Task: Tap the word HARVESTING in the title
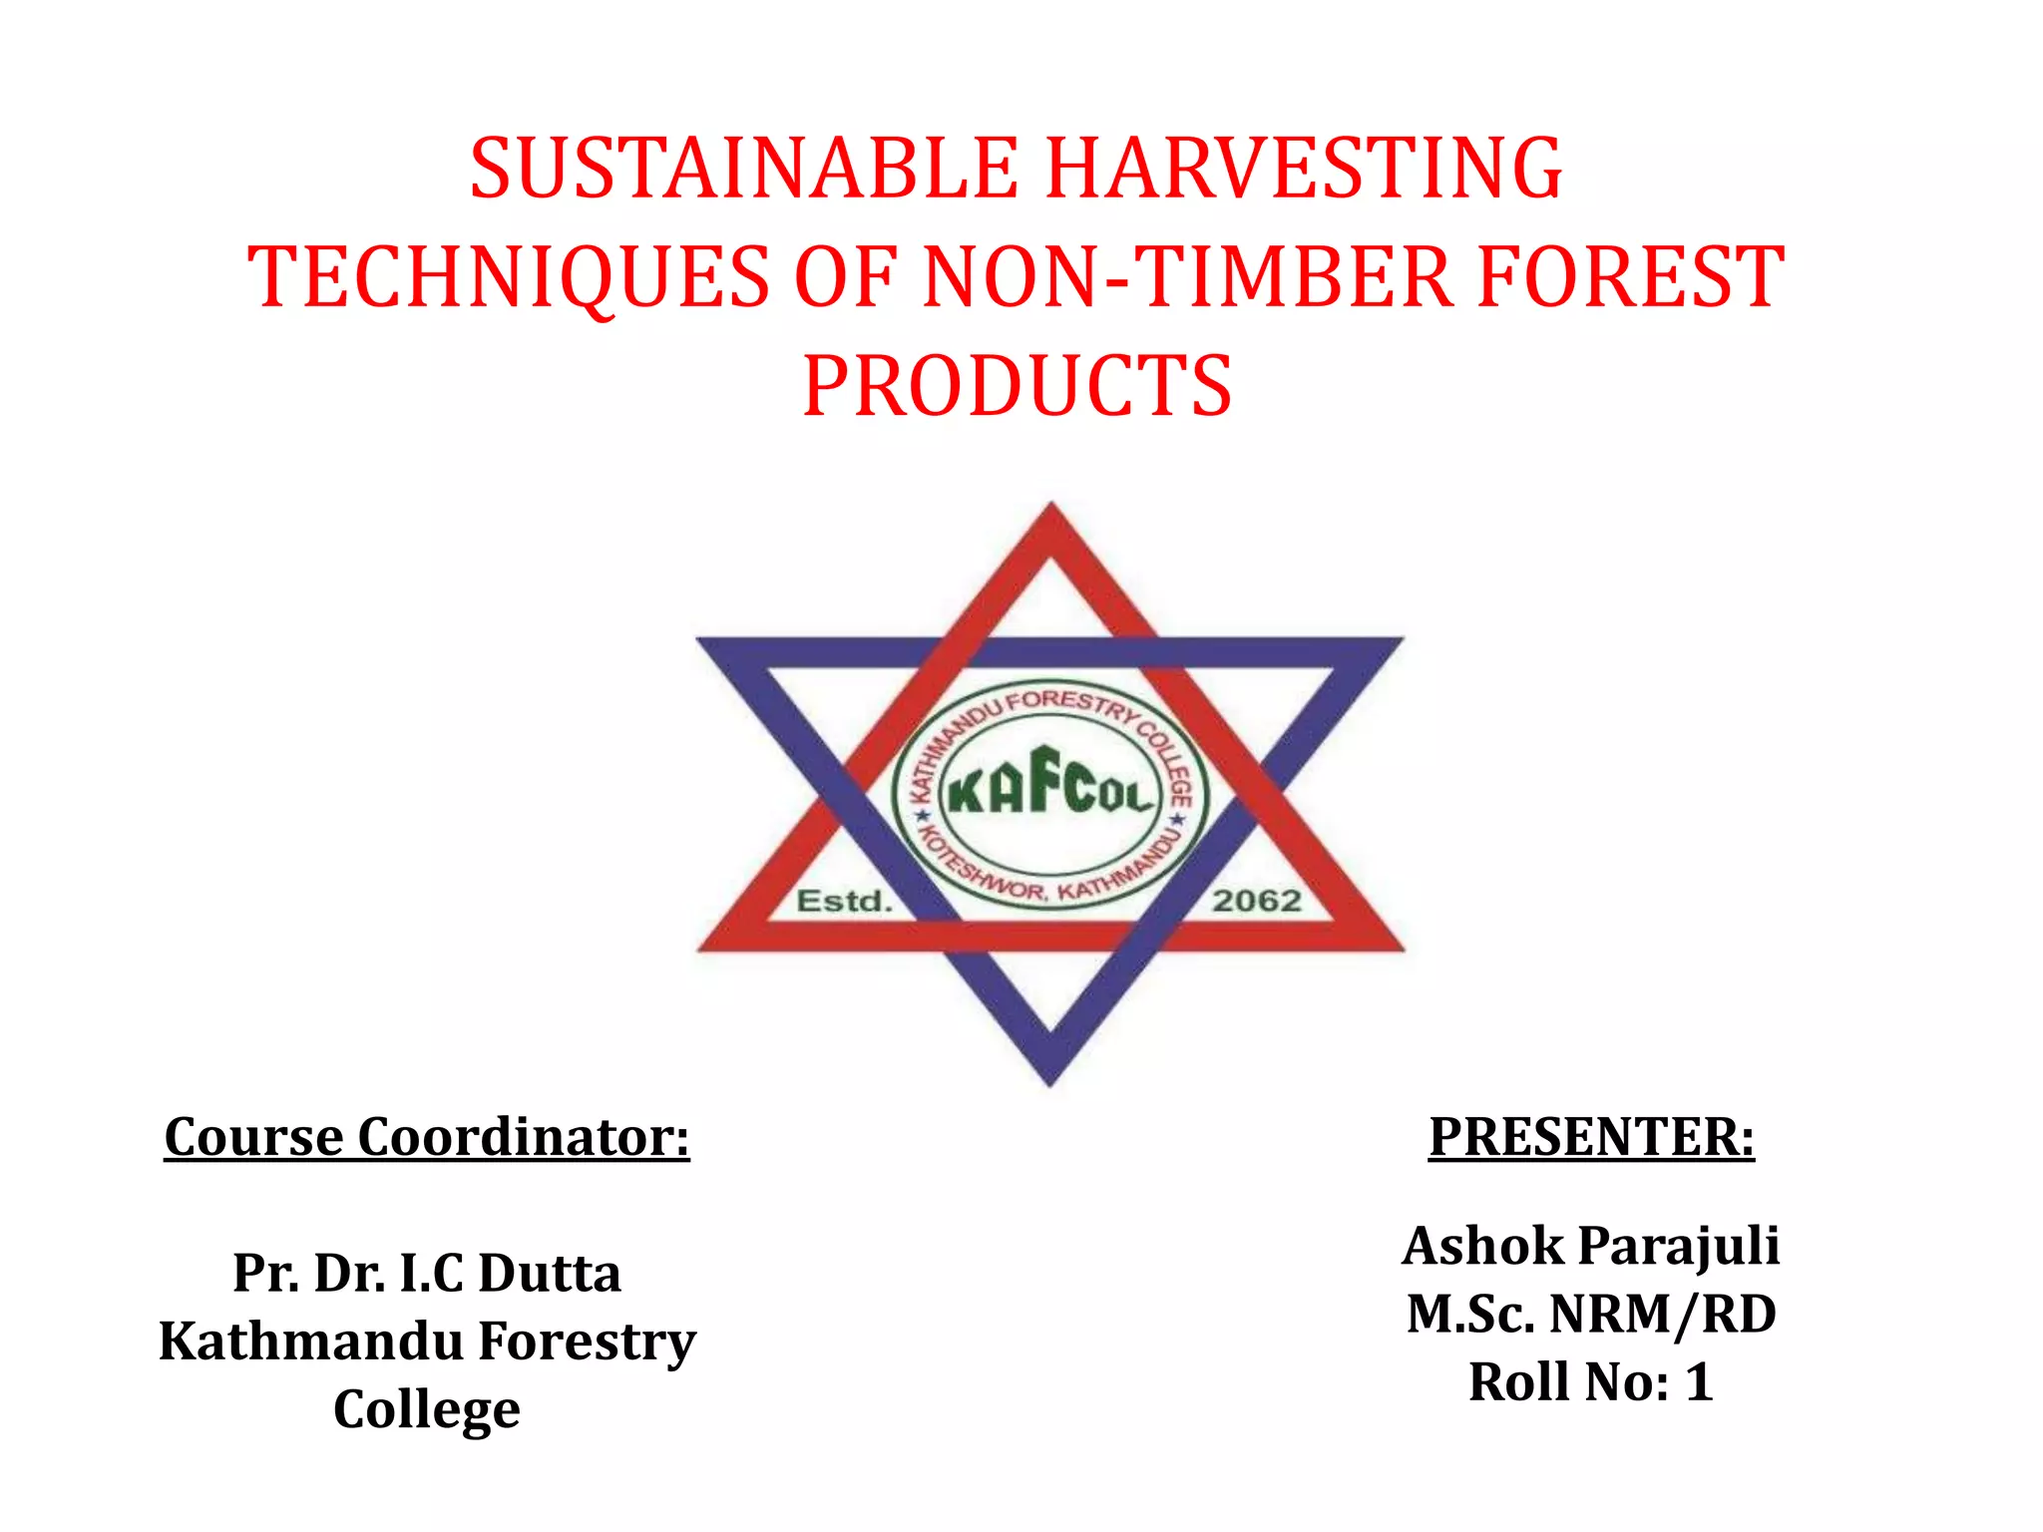(x=1304, y=169)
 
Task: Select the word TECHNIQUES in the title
(x=509, y=277)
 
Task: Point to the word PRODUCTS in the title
(x=1018, y=387)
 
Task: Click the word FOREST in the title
(x=1630, y=277)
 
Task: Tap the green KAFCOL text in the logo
(x=1049, y=782)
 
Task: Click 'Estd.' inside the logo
(x=843, y=902)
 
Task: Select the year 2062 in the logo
(x=1257, y=902)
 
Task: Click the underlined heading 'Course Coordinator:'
(x=427, y=1137)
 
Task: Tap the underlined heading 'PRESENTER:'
(x=1591, y=1137)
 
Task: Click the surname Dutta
(x=549, y=1274)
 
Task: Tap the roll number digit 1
(x=1699, y=1383)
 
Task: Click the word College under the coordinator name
(x=427, y=1410)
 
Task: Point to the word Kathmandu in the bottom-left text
(x=311, y=1341)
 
